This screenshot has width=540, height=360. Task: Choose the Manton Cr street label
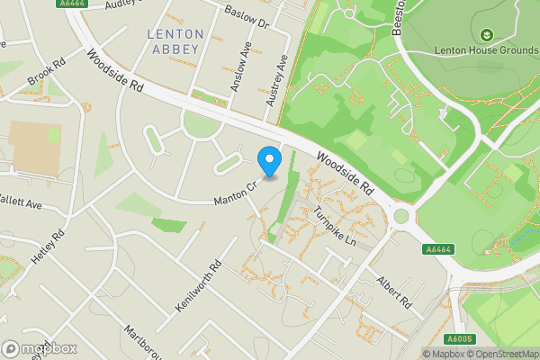point(237,193)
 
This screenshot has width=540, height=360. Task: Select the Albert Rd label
point(394,291)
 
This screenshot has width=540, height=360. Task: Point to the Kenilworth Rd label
point(199,288)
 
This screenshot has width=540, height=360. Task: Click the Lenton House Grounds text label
point(486,50)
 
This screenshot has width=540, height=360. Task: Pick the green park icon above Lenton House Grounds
point(486,34)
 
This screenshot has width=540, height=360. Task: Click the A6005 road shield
point(460,339)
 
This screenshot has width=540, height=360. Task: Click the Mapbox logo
point(39,348)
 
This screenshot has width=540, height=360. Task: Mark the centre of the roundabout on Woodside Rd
point(400,216)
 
